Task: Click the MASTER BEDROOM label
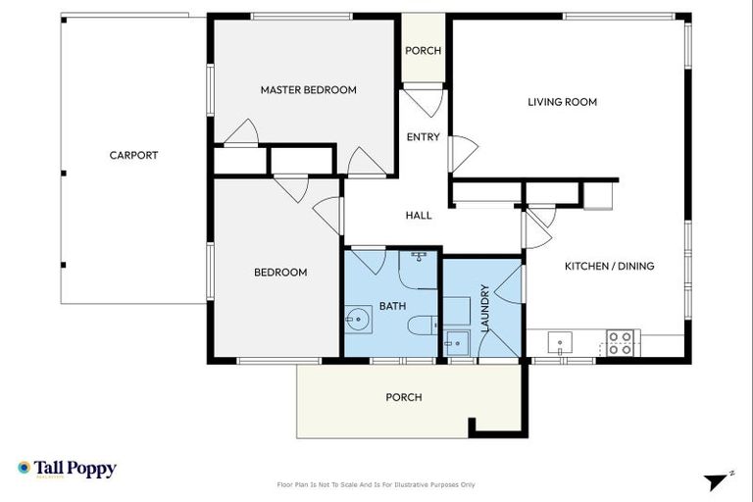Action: [308, 90]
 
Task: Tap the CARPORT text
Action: [133, 155]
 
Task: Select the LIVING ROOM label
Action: [562, 102]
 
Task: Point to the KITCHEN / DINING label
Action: [609, 266]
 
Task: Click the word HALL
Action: [419, 215]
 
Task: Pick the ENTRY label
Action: [423, 137]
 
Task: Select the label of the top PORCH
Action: [423, 51]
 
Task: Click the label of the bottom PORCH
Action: [403, 397]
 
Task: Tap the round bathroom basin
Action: [357, 319]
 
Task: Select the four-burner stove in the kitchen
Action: [620, 342]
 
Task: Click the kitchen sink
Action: [563, 343]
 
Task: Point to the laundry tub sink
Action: [456, 343]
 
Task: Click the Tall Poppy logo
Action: [67, 469]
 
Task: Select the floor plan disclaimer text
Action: [376, 484]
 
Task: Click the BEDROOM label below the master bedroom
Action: [280, 273]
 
